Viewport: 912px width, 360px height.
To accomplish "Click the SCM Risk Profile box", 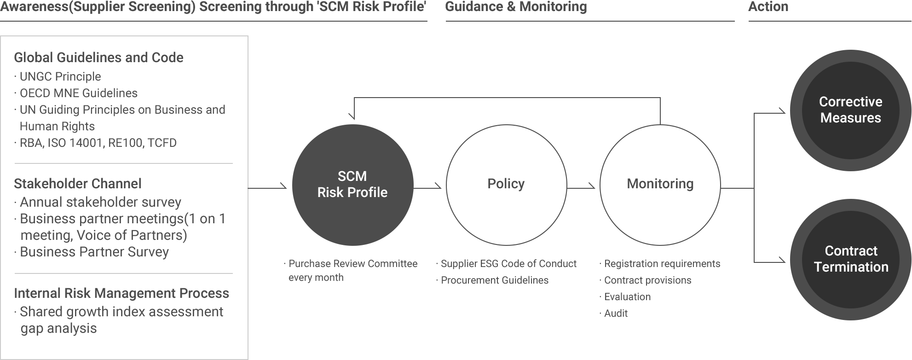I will coord(352,184).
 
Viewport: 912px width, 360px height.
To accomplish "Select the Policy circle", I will coord(506,184).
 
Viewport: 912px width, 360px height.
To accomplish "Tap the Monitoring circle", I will coord(660,184).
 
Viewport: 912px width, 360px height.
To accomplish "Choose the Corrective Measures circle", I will coord(850,110).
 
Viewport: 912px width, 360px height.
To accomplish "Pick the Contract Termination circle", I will coord(850,259).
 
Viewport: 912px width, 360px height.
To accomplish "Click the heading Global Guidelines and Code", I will coord(99,58).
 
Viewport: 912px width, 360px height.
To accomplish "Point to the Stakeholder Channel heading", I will coord(78,184).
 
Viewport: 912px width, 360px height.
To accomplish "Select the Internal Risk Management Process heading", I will coord(121,293).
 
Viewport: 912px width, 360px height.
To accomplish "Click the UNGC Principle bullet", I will coord(60,76).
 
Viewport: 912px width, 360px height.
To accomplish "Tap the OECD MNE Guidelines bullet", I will coord(78,93).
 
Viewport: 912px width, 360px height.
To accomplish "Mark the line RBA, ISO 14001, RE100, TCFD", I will coord(98,143).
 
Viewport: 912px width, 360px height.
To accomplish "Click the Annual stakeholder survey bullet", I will coord(100,202).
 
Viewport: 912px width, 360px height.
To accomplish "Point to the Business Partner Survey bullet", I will coord(94,252).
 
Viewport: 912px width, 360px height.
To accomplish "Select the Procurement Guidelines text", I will coord(495,280).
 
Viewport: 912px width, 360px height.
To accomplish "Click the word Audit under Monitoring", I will coord(616,313).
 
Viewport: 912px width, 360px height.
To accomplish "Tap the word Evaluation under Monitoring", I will coord(627,296).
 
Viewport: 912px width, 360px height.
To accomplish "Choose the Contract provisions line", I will coord(647,280).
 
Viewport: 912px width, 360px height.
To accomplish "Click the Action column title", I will coord(768,6).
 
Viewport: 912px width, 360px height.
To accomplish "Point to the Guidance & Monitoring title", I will coord(514,6).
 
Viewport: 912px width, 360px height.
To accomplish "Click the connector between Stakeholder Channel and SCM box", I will coord(267,186).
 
